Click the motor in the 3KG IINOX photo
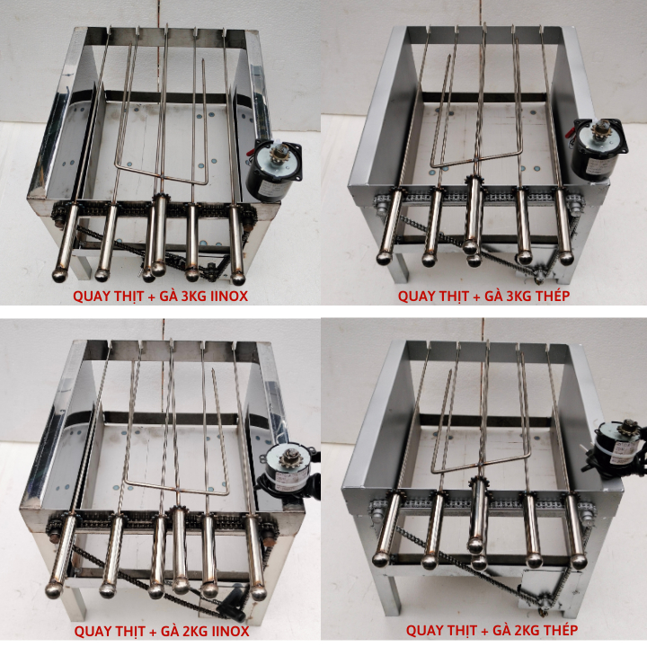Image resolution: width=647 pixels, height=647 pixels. coord(274,170)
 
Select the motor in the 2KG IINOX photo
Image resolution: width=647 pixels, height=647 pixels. coord(288,470)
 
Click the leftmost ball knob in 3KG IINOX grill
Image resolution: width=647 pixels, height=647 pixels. coord(61,275)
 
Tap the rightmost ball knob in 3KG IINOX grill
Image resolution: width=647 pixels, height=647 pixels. coord(237,278)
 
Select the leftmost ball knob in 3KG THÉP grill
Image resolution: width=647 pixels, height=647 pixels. coord(385,258)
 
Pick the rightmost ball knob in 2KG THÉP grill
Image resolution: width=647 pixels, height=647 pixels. coord(579,562)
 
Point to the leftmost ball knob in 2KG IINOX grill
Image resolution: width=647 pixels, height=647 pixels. coord(54,590)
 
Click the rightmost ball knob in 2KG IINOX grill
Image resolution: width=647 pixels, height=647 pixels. coord(258,592)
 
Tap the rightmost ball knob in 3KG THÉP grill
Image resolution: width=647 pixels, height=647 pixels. coord(566,258)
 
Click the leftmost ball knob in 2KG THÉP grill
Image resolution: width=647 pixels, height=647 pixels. coord(380,560)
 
